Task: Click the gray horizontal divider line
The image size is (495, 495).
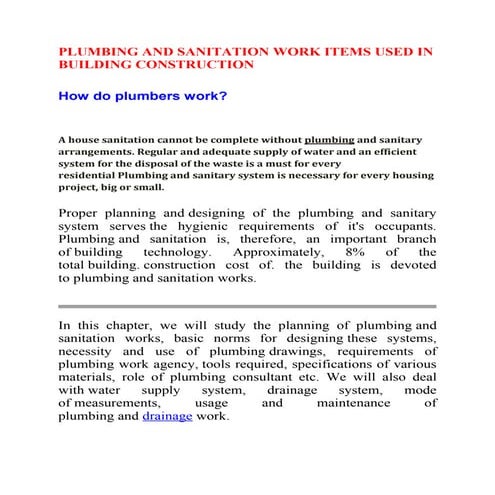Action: [247, 305]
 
